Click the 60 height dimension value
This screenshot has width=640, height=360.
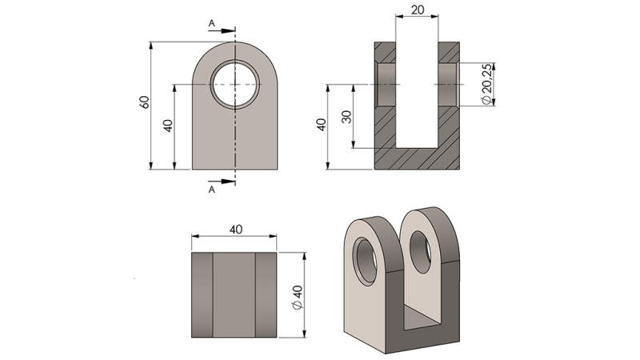coord(145,103)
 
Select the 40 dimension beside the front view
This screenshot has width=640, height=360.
coord(168,126)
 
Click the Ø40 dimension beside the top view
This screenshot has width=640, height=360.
coord(298,295)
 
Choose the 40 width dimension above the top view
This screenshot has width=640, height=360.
coord(235,229)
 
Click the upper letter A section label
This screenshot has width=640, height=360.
coord(211,24)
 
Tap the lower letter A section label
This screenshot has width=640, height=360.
coord(211,191)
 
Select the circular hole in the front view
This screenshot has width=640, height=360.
coord(235,84)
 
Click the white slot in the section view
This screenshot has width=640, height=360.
coord(418,88)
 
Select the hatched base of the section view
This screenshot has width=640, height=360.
coord(417,158)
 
